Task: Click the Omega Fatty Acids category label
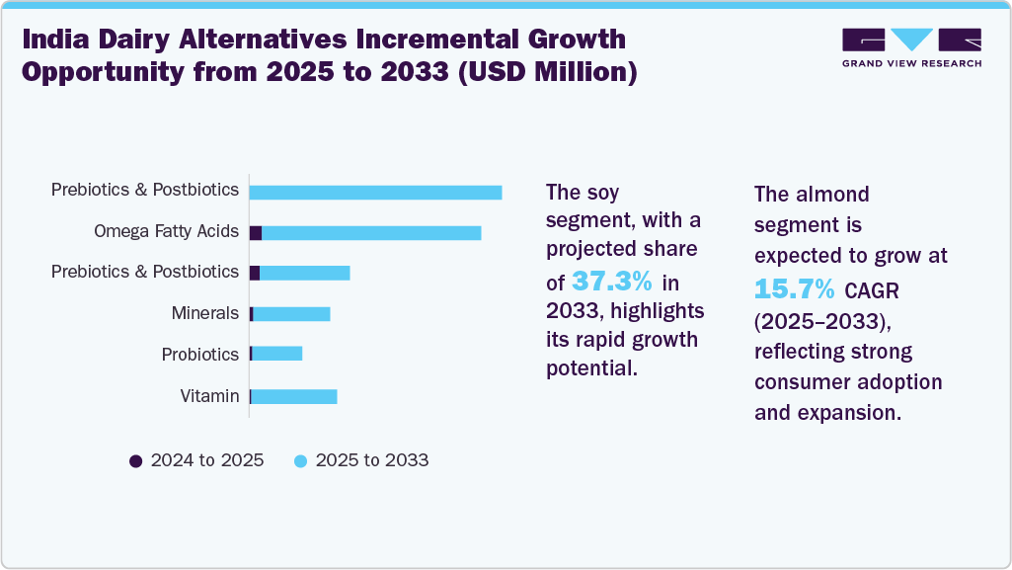(166, 231)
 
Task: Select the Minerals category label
(204, 313)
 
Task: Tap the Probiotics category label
(200, 355)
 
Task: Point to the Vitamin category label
(209, 396)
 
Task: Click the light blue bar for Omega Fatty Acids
(371, 232)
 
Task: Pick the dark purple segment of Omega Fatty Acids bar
(256, 232)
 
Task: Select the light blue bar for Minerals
(292, 313)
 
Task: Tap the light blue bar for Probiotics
(277, 354)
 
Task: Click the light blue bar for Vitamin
(295, 396)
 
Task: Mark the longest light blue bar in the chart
(375, 192)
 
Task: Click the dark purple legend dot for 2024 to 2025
(136, 461)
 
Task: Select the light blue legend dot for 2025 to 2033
(301, 461)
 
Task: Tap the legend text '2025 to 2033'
(371, 460)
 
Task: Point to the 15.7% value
(795, 288)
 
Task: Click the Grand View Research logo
(911, 47)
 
